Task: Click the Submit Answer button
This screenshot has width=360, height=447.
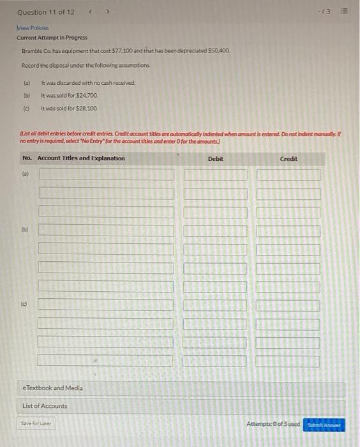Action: [325, 425]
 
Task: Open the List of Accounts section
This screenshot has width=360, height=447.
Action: [45, 406]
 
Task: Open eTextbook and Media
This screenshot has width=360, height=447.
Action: [53, 388]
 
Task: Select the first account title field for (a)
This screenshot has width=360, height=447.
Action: [106, 174]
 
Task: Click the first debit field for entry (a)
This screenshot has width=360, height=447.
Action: [215, 174]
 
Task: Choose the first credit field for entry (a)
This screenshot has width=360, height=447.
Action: [289, 174]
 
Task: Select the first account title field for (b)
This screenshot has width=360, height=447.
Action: [106, 230]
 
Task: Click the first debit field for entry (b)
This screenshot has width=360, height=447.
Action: [215, 230]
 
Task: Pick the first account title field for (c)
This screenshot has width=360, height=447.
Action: [106, 305]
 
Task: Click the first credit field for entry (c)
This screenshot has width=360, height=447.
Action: [289, 305]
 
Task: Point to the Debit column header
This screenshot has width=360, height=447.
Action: [216, 158]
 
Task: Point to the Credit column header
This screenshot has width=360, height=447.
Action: [289, 158]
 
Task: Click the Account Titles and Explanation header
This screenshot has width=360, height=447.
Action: [81, 158]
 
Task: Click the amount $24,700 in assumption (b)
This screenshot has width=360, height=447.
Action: [87, 96]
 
